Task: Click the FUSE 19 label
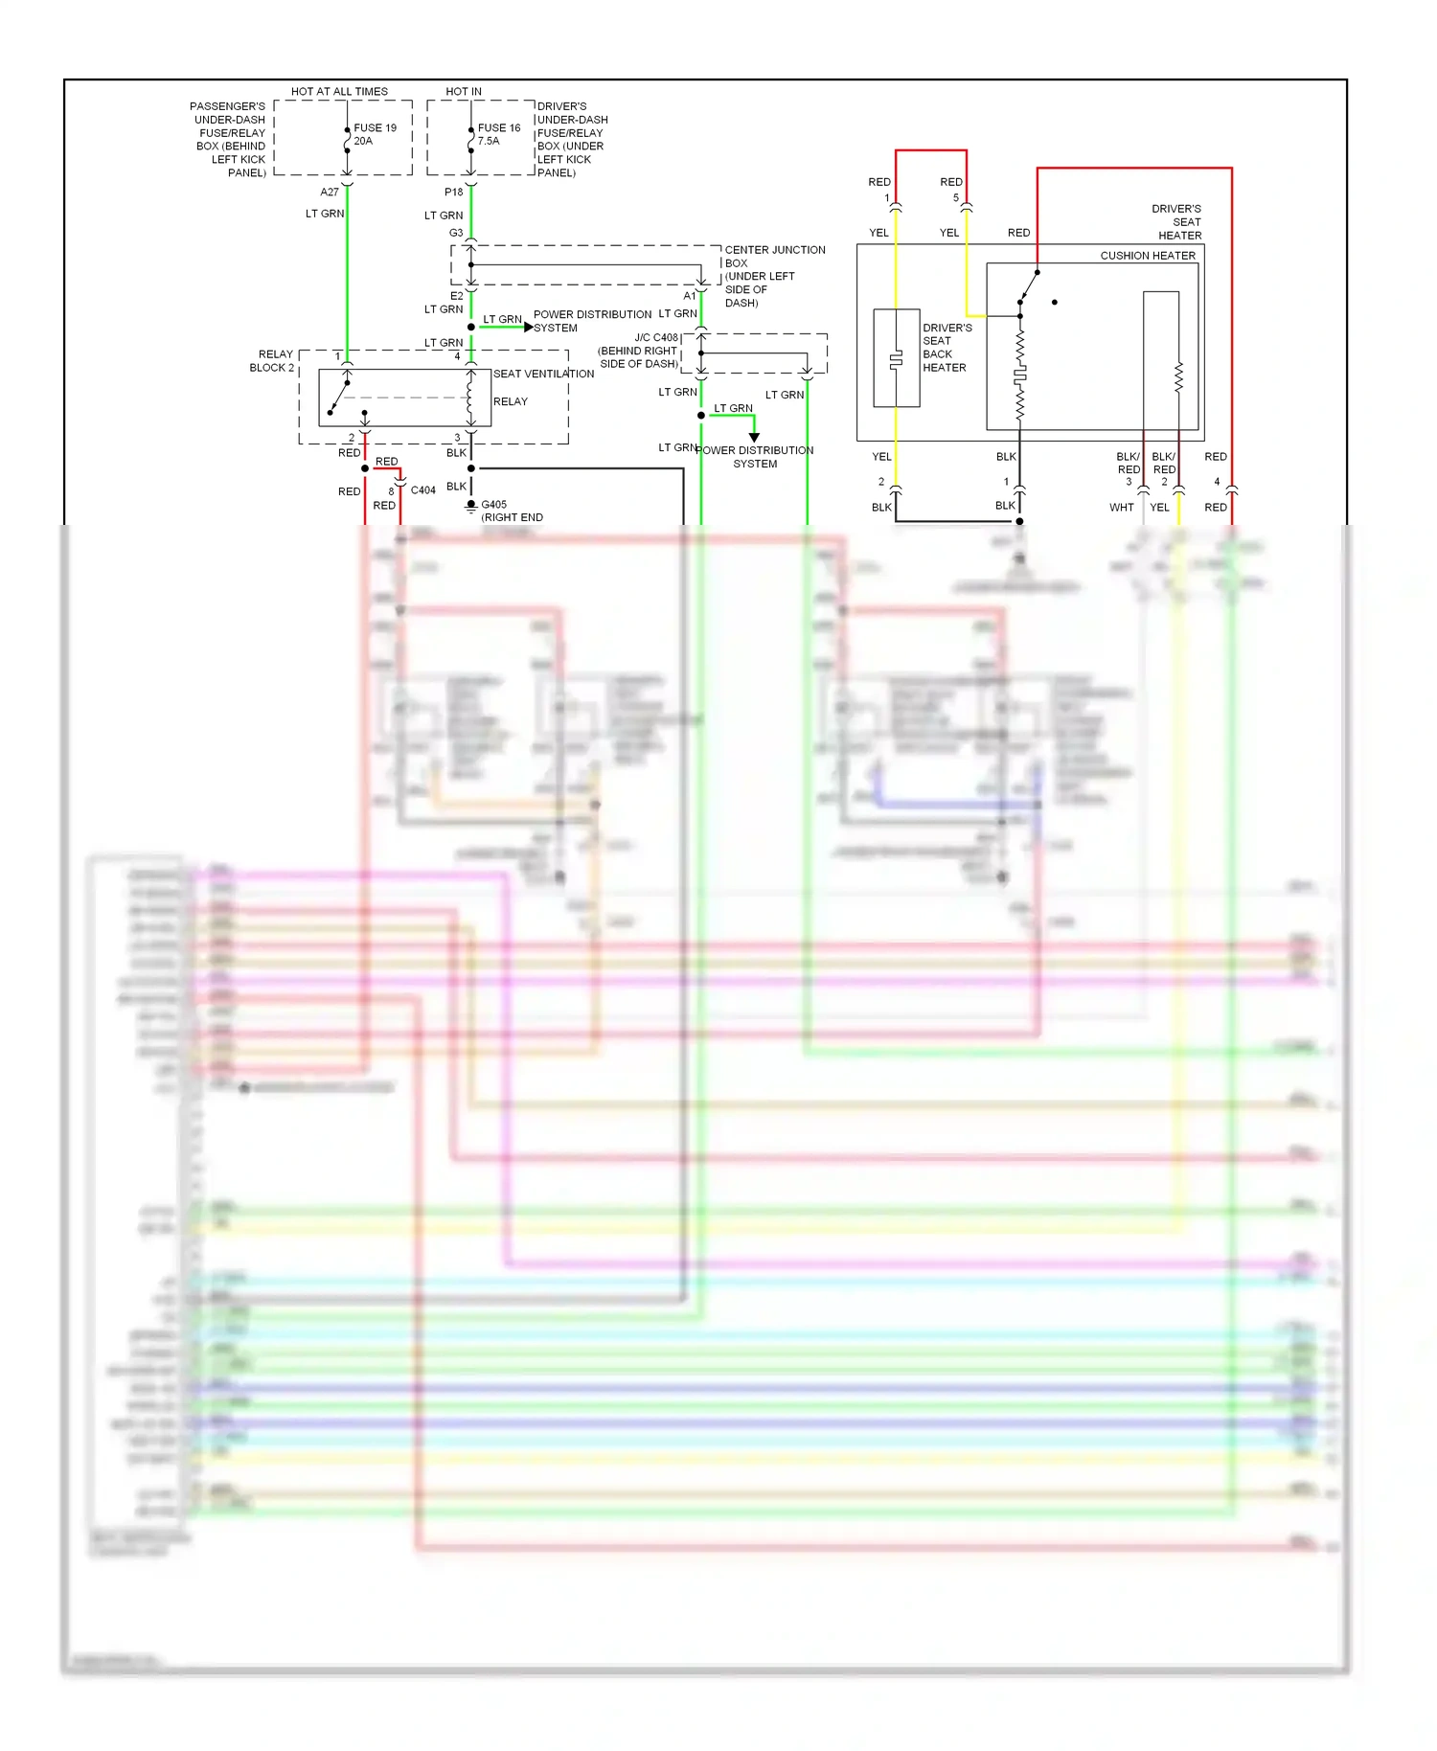[x=375, y=127]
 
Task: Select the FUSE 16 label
[x=499, y=127]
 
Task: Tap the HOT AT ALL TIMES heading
[x=339, y=92]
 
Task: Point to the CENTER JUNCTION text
[x=774, y=250]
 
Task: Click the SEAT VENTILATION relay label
[x=543, y=374]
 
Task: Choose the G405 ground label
[x=493, y=504]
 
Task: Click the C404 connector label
[x=422, y=489]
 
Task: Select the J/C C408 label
[x=655, y=337]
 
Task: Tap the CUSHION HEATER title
[x=1147, y=256]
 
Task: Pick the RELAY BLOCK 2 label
[x=272, y=361]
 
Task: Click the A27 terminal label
[x=330, y=192]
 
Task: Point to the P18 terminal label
[x=453, y=192]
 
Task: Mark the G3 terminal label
[x=456, y=233]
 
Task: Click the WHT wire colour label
[x=1121, y=508]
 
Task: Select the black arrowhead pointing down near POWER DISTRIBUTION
[x=754, y=438]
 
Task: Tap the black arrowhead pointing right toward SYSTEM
[x=529, y=327]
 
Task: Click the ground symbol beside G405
[x=470, y=507]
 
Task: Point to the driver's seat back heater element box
[x=896, y=358]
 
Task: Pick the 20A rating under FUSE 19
[x=363, y=141]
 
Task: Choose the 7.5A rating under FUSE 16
[x=489, y=141]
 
